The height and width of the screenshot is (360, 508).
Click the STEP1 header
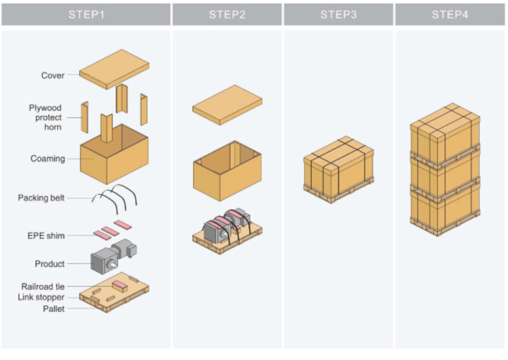pos(86,14)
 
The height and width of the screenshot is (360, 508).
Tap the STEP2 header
pos(227,14)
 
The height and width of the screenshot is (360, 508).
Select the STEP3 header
pos(338,14)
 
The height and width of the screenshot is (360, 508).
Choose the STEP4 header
pos(450,14)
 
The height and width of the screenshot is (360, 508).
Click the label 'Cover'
pos(53,75)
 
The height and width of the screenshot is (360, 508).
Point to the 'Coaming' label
pos(48,158)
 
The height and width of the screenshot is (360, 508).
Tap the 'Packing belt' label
pos(41,198)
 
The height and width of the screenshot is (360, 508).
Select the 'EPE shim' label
pos(46,236)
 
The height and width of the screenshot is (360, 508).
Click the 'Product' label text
pos(50,264)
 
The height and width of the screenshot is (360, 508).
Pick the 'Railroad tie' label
pos(43,286)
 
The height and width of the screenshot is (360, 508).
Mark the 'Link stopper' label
pos(41,297)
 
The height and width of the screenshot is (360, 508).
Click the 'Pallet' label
pos(54,309)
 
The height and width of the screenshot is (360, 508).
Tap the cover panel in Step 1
pos(114,69)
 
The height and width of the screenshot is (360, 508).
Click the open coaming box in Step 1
pos(114,155)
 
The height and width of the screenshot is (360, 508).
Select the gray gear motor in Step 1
pos(114,256)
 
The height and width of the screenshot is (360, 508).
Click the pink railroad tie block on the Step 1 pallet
pos(119,286)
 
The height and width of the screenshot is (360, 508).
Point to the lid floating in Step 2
pos(228,105)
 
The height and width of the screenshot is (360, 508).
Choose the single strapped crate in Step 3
pos(338,169)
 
